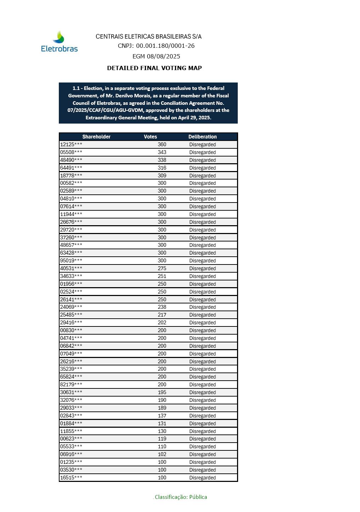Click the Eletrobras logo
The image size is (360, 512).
(x=60, y=42)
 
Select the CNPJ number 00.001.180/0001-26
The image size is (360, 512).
(x=165, y=46)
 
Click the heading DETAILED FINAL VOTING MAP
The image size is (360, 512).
(x=154, y=68)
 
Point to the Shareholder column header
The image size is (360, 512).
(x=96, y=137)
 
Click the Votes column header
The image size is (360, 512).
(x=150, y=137)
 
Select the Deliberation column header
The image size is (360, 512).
(x=202, y=137)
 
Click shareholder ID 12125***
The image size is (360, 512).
(x=71, y=144)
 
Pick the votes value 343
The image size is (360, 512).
(x=162, y=152)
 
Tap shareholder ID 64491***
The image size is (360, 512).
(x=71, y=168)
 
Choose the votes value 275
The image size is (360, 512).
(x=162, y=268)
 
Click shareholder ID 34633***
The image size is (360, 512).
(x=71, y=276)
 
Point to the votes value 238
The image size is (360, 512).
(x=162, y=307)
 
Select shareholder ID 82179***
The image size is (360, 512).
(x=71, y=385)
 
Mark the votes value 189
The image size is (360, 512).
(x=162, y=408)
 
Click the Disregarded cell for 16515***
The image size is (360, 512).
(x=202, y=478)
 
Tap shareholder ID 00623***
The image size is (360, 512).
(x=71, y=439)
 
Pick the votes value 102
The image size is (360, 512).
(x=162, y=454)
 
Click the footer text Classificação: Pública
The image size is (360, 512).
(x=181, y=497)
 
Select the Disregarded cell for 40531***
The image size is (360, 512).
(x=202, y=268)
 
